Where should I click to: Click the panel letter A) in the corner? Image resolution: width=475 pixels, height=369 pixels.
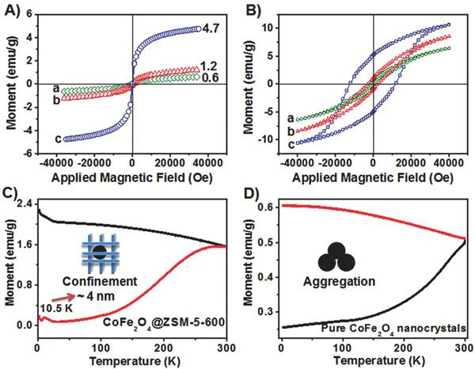11,10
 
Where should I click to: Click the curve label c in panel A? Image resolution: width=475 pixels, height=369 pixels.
32,139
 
